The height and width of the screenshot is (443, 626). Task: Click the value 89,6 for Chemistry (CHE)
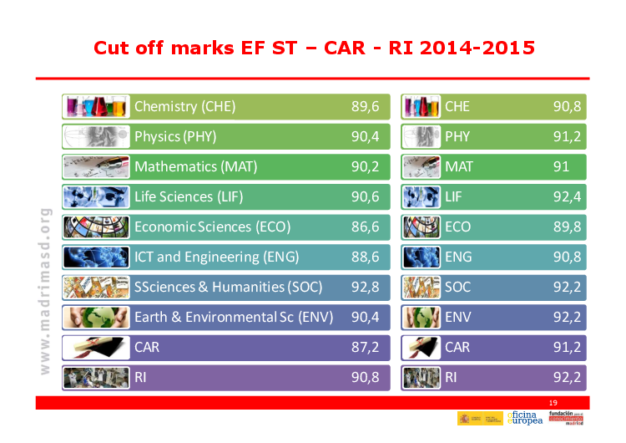coord(365,106)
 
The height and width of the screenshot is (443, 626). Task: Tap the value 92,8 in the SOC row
coord(365,287)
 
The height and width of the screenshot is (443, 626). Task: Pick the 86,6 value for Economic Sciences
coord(365,227)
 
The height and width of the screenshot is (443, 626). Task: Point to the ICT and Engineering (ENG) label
coord(216,257)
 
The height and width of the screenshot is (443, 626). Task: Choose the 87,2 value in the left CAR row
coord(365,347)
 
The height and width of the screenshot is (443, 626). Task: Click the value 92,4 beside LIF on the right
coord(568,196)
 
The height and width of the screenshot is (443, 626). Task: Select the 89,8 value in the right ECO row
coord(568,227)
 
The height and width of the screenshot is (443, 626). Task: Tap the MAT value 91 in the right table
coord(562,166)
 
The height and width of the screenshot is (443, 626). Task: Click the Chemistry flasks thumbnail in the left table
coord(96,106)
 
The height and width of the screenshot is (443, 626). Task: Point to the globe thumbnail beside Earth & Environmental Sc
coord(96,317)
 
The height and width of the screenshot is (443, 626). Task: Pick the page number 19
coord(553,403)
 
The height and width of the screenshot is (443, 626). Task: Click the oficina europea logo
coord(525,419)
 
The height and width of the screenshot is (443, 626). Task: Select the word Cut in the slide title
coord(113,47)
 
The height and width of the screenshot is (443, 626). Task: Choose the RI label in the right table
coord(451,377)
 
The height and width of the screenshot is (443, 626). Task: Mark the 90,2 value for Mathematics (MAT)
coord(365,166)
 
